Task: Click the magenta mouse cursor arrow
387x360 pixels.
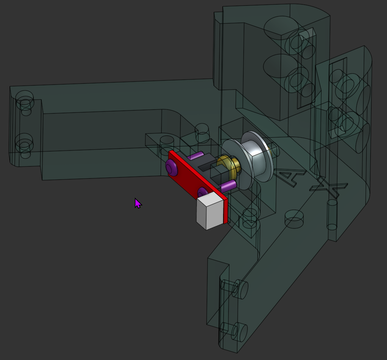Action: point(137,203)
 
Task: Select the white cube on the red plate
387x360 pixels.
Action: point(209,212)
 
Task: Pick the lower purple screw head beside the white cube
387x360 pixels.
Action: point(202,192)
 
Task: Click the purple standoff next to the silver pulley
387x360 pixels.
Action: point(229,185)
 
